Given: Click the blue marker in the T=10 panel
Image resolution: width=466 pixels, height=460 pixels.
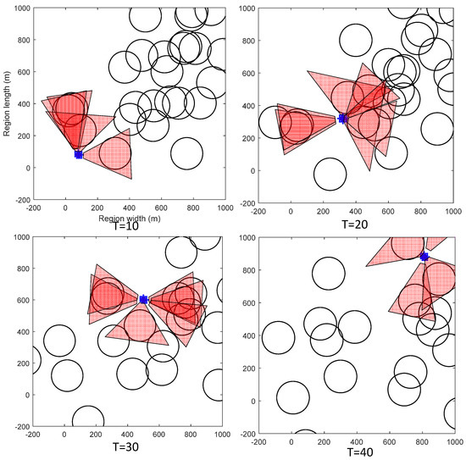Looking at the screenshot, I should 79,154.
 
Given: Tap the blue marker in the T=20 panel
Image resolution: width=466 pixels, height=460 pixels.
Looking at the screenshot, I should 343,119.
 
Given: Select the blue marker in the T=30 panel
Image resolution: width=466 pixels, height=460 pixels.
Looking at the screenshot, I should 143,299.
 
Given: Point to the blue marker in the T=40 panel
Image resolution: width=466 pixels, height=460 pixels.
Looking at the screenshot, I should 424,257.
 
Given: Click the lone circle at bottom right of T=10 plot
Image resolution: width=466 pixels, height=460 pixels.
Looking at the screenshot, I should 186,154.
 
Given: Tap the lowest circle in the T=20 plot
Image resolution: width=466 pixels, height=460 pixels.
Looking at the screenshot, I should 330,175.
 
